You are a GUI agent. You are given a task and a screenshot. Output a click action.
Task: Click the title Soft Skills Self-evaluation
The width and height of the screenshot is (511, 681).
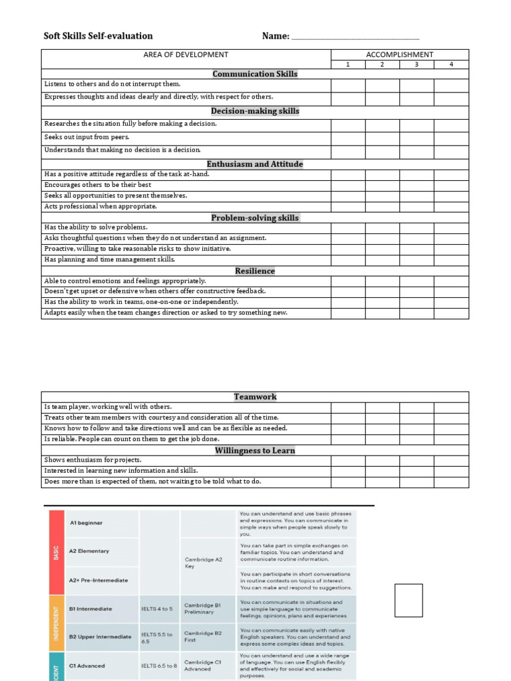tap(98, 36)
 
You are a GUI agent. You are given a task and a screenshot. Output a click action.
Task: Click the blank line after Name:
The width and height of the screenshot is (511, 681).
tap(355, 37)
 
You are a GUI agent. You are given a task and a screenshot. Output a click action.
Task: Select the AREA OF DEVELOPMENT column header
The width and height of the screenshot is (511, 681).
tap(186, 55)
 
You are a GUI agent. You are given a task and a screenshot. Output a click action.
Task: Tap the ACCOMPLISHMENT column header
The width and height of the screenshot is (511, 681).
tap(399, 55)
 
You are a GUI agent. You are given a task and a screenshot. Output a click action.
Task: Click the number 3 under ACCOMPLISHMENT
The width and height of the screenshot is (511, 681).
tap(417, 65)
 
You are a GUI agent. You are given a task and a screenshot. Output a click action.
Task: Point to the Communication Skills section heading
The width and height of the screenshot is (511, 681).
tap(255, 74)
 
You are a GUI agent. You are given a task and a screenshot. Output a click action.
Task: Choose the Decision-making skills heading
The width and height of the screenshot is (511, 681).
tap(255, 111)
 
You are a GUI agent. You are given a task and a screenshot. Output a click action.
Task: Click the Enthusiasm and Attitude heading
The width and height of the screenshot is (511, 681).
tap(255, 164)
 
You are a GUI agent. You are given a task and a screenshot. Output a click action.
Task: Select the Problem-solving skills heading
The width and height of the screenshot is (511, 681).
tap(255, 217)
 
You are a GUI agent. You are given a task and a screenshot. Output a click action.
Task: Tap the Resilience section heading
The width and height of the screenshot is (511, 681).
tap(255, 271)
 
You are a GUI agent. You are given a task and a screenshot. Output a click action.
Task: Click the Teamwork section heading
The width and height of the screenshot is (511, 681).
tap(255, 396)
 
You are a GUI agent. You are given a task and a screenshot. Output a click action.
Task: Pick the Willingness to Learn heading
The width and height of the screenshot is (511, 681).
tap(255, 450)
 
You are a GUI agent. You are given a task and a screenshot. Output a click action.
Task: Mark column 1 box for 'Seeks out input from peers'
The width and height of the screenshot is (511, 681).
tap(347, 138)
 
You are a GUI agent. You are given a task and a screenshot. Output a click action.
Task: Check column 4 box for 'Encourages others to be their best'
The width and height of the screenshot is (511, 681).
tap(451, 185)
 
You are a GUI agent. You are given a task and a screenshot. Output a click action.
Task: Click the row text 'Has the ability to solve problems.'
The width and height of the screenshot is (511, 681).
tap(96, 227)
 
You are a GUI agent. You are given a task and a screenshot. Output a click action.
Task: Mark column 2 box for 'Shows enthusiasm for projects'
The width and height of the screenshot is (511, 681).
tap(382, 460)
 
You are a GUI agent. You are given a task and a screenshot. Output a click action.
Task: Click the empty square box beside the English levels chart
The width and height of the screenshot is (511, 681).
tap(409, 601)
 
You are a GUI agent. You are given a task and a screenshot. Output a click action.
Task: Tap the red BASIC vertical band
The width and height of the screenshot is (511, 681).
tap(56, 551)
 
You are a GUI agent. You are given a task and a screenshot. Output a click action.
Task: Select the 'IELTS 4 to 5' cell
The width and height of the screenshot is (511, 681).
tap(157, 609)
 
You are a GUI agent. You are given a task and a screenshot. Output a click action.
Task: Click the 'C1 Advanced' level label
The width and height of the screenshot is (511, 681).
tap(87, 666)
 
